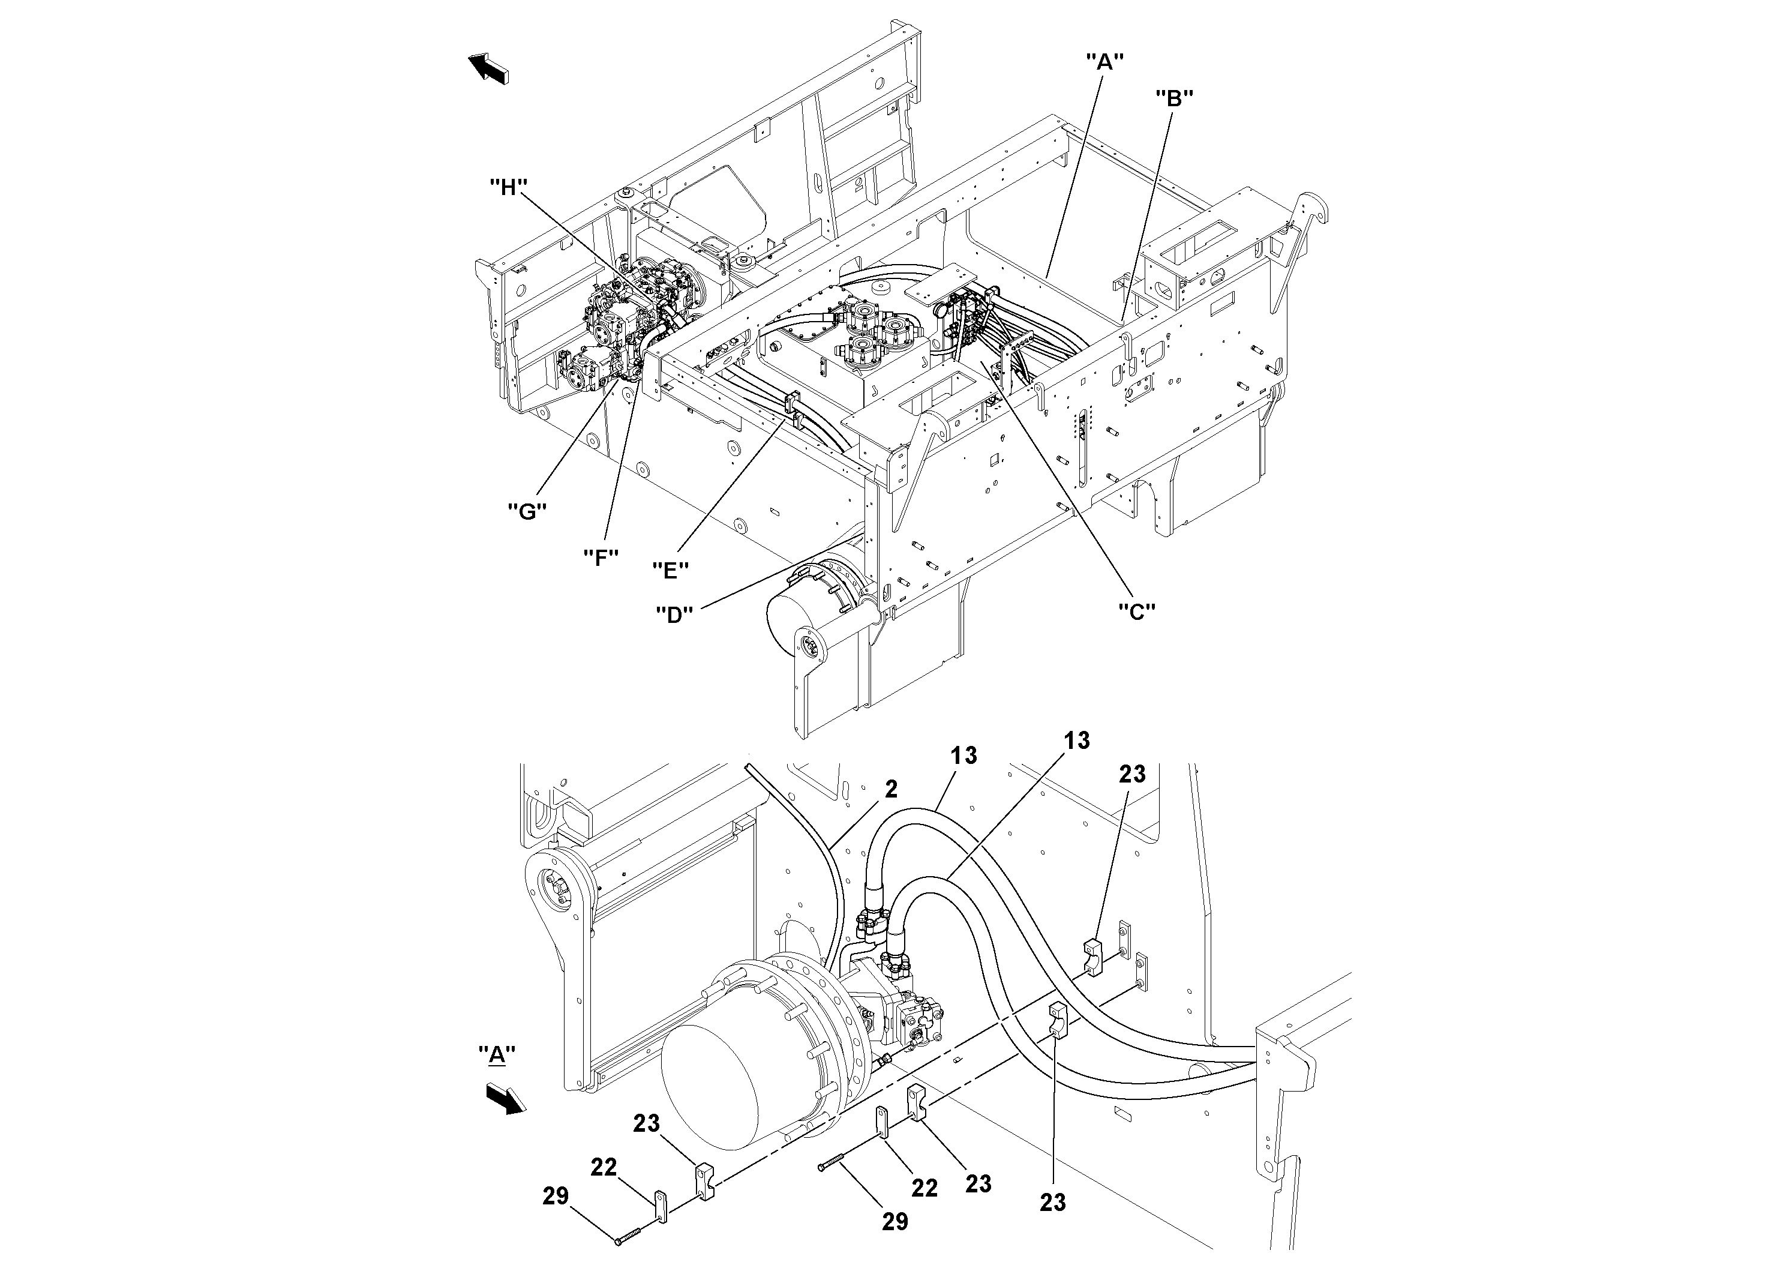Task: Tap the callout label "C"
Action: coord(1136,611)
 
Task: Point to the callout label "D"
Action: coord(674,614)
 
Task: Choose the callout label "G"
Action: coord(527,511)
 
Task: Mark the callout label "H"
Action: coord(508,187)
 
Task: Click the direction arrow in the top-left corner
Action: coord(488,68)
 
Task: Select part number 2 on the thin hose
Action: coord(891,789)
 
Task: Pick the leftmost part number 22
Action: coord(604,1167)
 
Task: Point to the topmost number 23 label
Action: coord(1132,774)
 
